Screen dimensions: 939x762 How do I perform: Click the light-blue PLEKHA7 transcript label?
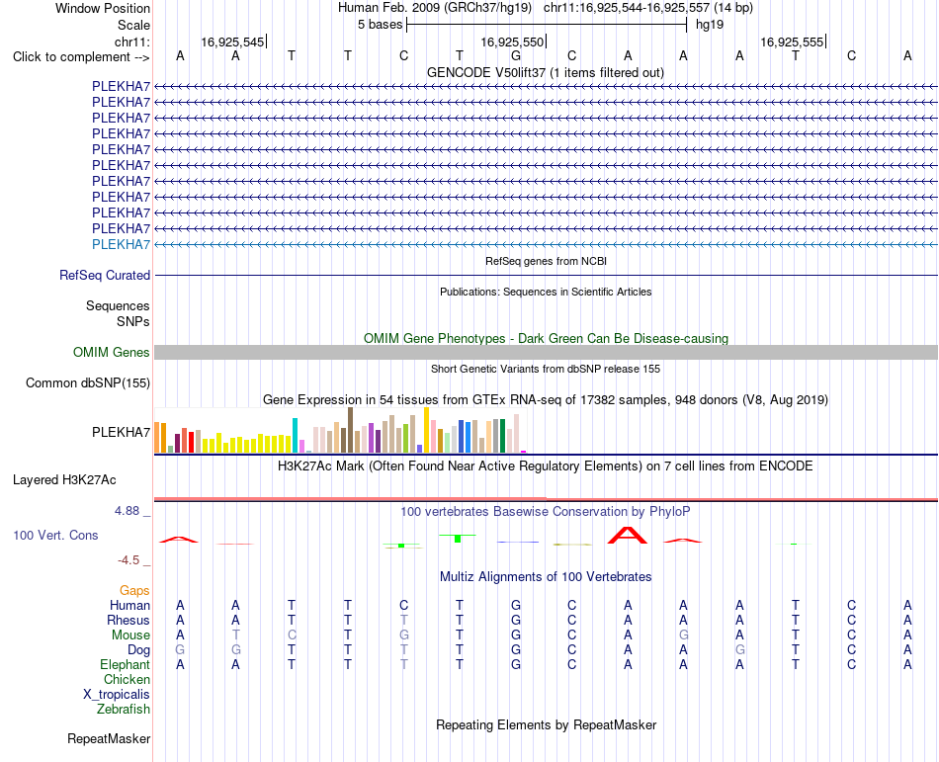pyautogui.click(x=121, y=244)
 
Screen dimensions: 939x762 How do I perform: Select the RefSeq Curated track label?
pyautogui.click(x=105, y=275)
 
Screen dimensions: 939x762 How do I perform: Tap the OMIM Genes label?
pyautogui.click(x=112, y=352)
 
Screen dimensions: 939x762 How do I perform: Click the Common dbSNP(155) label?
pyautogui.click(x=88, y=383)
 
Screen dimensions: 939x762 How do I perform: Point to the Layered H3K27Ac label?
pyautogui.click(x=64, y=480)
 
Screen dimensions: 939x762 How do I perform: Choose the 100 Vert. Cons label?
pyautogui.click(x=55, y=535)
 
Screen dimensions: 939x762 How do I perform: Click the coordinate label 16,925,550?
pyautogui.click(x=512, y=42)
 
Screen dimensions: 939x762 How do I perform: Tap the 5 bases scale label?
pyautogui.click(x=381, y=25)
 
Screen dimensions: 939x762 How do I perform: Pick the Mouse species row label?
pyautogui.click(x=130, y=635)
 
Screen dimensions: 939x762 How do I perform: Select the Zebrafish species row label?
pyautogui.click(x=124, y=710)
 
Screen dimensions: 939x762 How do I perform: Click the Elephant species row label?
pyautogui.click(x=126, y=665)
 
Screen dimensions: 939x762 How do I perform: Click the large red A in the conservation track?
pyautogui.click(x=627, y=535)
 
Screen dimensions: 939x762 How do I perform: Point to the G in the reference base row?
pyautogui.click(x=516, y=55)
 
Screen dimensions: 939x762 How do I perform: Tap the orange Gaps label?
pyautogui.click(x=134, y=591)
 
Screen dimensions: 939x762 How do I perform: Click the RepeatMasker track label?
pyautogui.click(x=109, y=738)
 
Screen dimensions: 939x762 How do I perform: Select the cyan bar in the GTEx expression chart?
pyautogui.click(x=295, y=435)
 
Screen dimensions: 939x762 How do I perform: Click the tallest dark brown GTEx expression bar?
pyautogui.click(x=350, y=430)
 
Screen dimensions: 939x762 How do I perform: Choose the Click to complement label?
pyautogui.click(x=81, y=57)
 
